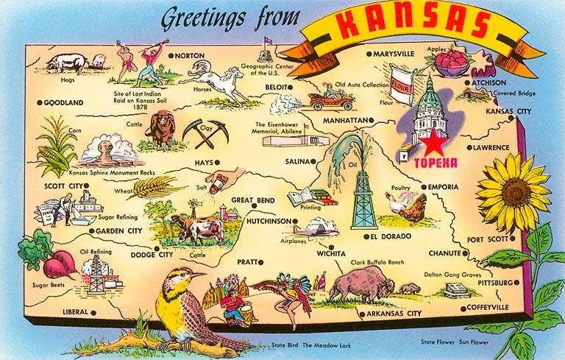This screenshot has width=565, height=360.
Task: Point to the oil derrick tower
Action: (362, 201)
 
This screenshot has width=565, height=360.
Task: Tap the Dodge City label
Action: (152, 255)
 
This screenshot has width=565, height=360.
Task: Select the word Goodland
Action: (63, 103)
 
